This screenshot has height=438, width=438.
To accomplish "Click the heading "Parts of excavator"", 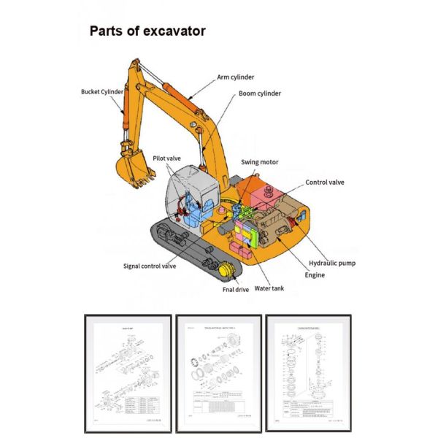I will point(147,31).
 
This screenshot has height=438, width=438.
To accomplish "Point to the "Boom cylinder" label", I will point(260,94).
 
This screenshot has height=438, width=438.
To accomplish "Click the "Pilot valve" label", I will point(166,158).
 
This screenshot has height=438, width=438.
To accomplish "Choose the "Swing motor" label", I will point(260,162).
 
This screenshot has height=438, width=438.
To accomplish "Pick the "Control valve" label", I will point(325,182).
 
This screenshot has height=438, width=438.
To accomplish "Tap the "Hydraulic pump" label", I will point(332,263).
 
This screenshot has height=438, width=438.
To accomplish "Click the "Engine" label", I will point(315,275).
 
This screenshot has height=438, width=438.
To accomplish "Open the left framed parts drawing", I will point(128,374).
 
